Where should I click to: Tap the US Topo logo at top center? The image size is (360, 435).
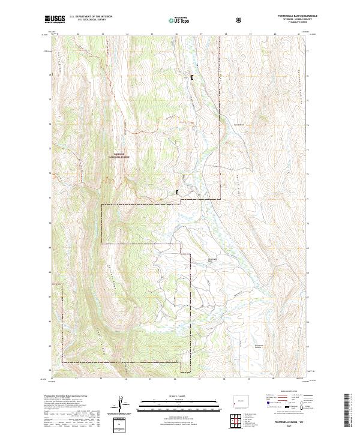[x=179, y=20]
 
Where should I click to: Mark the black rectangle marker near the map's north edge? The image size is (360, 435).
[x=193, y=77]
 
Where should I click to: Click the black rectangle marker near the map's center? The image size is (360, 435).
[x=178, y=191]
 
